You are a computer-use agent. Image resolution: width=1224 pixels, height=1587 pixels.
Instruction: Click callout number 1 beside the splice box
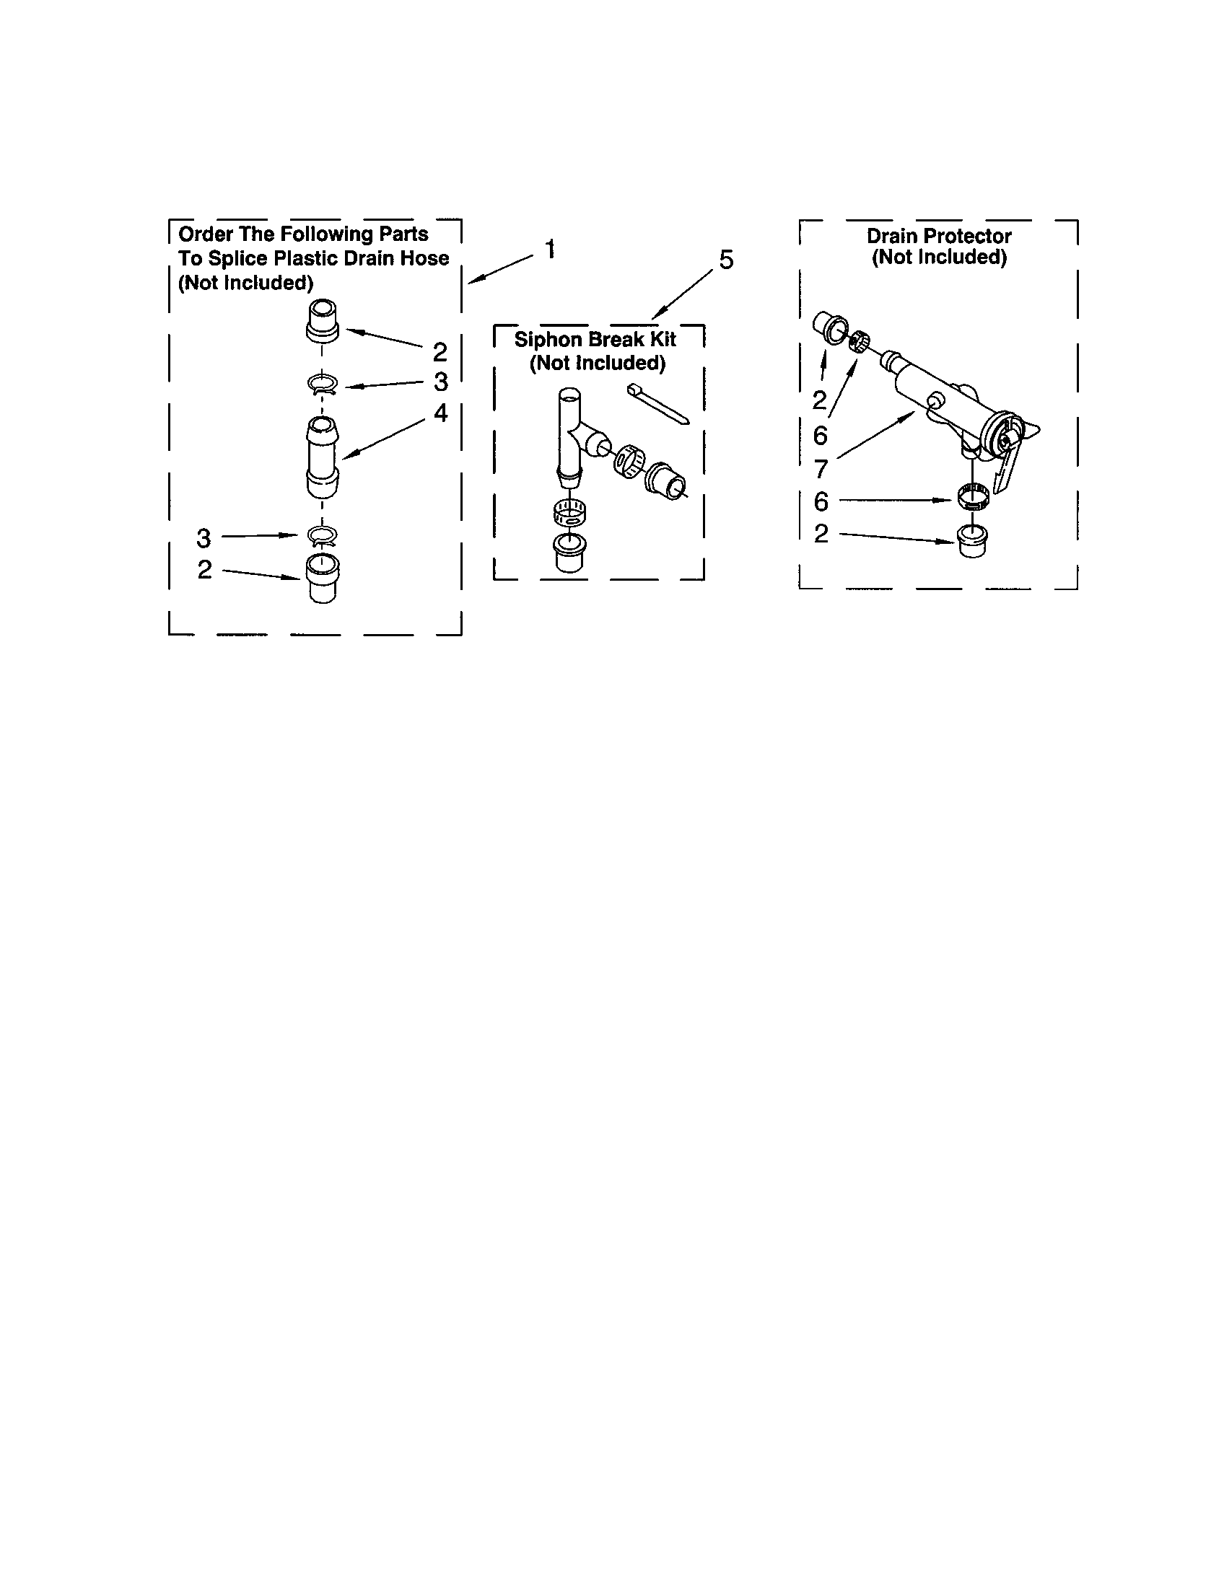click(x=551, y=250)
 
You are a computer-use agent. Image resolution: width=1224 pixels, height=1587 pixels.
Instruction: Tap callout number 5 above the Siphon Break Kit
click(x=726, y=260)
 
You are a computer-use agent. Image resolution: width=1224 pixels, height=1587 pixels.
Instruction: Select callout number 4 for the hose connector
click(x=440, y=413)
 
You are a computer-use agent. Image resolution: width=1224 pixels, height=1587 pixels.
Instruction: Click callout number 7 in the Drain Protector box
click(x=821, y=470)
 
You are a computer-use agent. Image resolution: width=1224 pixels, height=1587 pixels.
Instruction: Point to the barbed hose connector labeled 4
click(x=323, y=457)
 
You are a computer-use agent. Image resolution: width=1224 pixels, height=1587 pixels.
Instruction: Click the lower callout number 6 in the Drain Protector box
click(x=821, y=501)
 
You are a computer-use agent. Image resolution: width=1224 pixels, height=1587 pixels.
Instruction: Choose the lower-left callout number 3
click(x=204, y=538)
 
